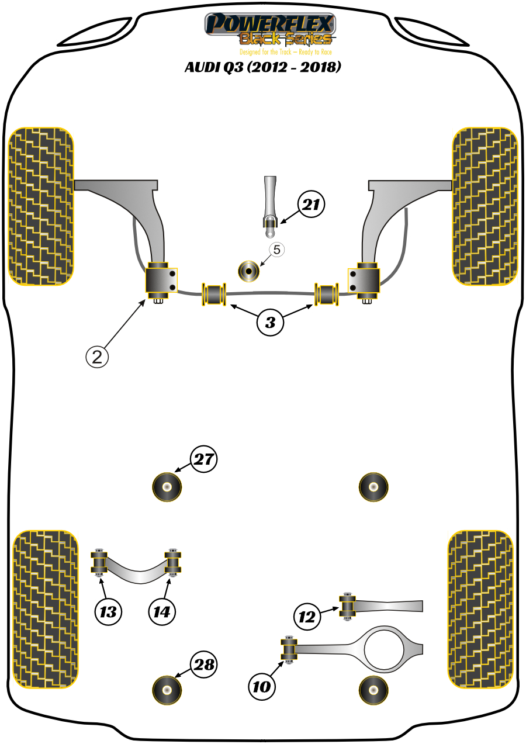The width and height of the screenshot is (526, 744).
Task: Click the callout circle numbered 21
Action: [x=311, y=205]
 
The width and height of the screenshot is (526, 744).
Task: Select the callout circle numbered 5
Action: [x=276, y=250]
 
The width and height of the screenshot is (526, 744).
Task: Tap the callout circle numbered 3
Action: [x=270, y=322]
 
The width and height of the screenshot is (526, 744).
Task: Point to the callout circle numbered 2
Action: [x=98, y=356]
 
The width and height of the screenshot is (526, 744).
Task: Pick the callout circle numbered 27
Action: [x=203, y=459]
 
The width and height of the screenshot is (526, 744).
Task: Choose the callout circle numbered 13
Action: [x=108, y=612]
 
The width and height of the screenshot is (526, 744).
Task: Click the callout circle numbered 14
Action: [x=162, y=612]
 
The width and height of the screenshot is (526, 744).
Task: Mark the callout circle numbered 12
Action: [x=307, y=617]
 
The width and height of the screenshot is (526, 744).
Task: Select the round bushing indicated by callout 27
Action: [x=167, y=486]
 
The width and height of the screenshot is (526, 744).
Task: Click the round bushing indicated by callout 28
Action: [x=167, y=690]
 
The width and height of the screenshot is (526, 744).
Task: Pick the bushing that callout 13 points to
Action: [x=99, y=563]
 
